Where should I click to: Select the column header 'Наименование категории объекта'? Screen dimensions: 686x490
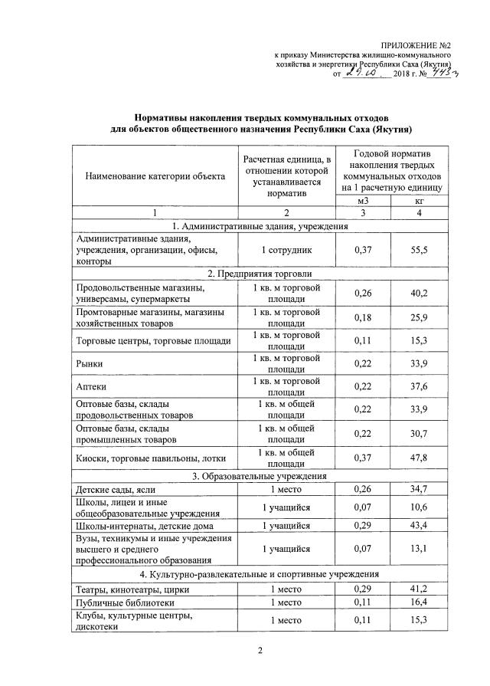tap(150, 176)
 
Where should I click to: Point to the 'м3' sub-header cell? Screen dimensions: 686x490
tap(364, 200)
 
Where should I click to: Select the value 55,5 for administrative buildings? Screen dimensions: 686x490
tap(418, 251)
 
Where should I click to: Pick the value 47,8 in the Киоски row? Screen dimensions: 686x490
tap(418, 458)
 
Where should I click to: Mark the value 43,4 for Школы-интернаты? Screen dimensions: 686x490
tap(418, 526)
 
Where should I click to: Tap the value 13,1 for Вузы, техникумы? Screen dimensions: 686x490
tap(418, 549)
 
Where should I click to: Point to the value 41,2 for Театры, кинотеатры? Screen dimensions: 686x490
tap(418, 589)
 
